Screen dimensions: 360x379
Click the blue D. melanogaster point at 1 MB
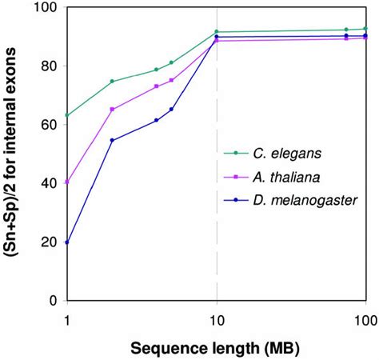[66, 242]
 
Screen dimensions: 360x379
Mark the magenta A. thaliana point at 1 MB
[66, 182]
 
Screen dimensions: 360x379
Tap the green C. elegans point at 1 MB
[66, 115]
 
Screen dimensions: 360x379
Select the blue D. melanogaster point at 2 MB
[112, 141]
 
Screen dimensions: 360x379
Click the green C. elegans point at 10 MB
[217, 32]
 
